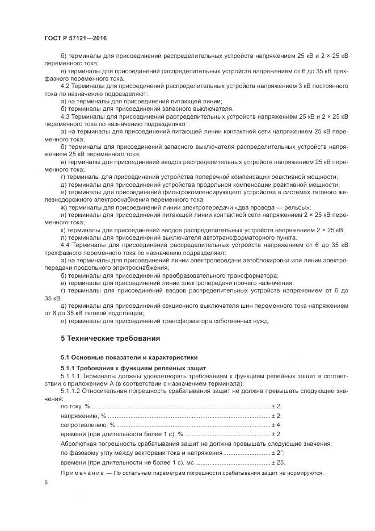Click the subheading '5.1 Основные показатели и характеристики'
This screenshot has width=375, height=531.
(x=129, y=357)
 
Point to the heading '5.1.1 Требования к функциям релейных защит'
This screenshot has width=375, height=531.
(x=134, y=368)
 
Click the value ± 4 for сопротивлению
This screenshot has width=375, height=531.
(x=276, y=424)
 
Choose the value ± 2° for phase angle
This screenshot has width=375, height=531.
(x=277, y=453)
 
